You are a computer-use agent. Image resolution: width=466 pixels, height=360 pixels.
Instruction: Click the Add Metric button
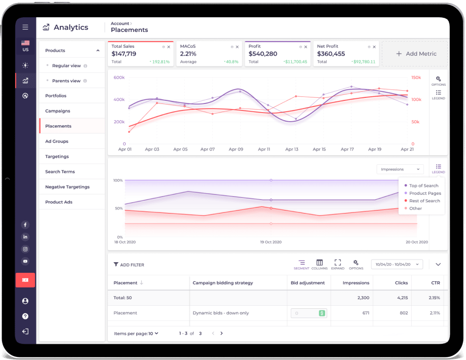coord(415,54)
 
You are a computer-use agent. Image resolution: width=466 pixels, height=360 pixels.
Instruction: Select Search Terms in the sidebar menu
coord(60,172)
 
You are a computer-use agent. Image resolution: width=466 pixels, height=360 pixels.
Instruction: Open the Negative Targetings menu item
coord(67,187)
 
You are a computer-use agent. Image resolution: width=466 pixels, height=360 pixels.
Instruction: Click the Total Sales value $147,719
coord(124,54)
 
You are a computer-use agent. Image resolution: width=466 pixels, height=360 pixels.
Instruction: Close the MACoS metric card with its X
coord(237,47)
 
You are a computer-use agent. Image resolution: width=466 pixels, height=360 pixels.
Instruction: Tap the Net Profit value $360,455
coord(331,54)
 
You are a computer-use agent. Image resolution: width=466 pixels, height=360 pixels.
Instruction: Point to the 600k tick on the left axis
coord(119,78)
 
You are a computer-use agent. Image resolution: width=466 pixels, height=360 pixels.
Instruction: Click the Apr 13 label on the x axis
coord(292,150)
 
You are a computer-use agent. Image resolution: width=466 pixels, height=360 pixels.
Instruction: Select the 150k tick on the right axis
coord(416,78)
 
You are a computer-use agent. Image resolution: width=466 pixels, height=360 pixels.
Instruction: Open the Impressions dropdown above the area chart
coord(400,169)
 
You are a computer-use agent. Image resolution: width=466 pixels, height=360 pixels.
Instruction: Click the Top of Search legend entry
coord(423,186)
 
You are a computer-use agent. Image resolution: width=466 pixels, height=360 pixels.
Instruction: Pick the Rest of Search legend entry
coord(424,201)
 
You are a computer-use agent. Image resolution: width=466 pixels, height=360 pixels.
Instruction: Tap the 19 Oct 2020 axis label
coord(270,242)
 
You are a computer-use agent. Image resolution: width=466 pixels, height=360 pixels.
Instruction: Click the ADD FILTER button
coord(129,265)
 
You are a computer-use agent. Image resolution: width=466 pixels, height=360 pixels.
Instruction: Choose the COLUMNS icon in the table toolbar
coord(320,264)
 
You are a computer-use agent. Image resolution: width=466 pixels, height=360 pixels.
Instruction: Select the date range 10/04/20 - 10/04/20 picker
coord(398,264)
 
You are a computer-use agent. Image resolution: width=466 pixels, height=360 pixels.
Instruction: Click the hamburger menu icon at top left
coord(25,27)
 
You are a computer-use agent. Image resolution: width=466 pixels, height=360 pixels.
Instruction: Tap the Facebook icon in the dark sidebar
coord(25,225)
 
